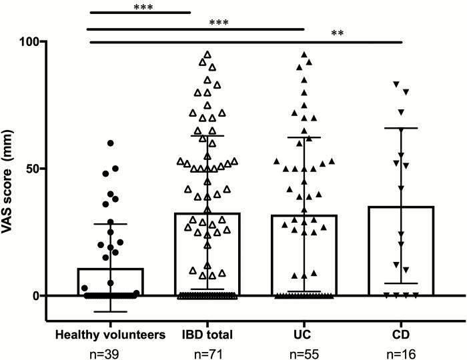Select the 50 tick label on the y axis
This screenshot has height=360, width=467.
click(x=29, y=168)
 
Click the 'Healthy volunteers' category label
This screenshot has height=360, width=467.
click(x=111, y=335)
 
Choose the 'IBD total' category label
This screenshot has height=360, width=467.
click(x=209, y=335)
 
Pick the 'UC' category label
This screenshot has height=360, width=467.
click(x=304, y=335)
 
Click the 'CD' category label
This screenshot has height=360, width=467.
click(x=402, y=335)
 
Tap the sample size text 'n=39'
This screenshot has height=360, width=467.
click(x=111, y=354)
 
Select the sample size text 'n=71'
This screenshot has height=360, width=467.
click(x=209, y=354)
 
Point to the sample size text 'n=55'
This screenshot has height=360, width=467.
click(x=304, y=354)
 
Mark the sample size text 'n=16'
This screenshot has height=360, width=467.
click(x=402, y=354)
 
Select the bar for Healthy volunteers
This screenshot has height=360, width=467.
click(x=111, y=283)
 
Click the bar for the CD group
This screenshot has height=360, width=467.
click(x=402, y=253)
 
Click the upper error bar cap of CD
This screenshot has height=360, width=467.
click(x=402, y=128)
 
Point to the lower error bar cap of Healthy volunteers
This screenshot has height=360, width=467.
click(x=111, y=311)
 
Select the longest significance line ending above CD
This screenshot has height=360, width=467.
click(x=247, y=42)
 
